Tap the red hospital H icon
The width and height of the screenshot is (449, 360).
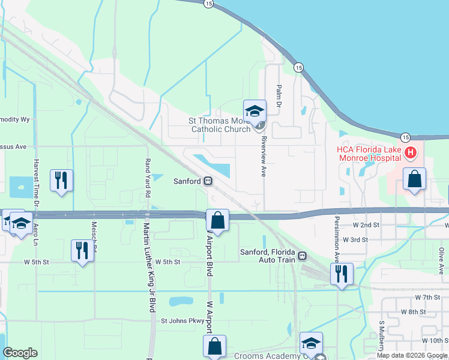pyautogui.click(x=411, y=153)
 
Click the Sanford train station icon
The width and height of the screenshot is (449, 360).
pyautogui.click(x=208, y=181)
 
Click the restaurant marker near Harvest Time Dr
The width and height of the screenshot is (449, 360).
pyautogui.click(x=61, y=180)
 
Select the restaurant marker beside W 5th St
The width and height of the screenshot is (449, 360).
pyautogui.click(x=82, y=250)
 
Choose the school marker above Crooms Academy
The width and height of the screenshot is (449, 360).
pyautogui.click(x=311, y=344)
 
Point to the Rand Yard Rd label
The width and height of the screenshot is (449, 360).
pyautogui.click(x=147, y=178)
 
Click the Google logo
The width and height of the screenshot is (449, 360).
pyautogui.click(x=20, y=353)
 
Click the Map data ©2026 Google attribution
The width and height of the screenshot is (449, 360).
pyautogui.click(x=412, y=355)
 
